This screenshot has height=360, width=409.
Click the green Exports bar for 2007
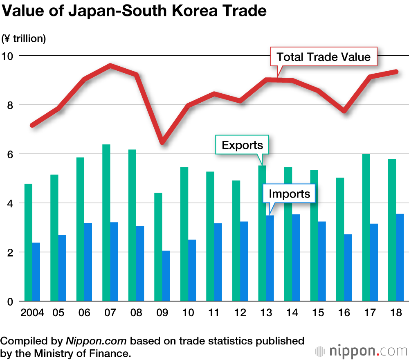point(106,223)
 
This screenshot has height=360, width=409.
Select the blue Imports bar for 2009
point(166,276)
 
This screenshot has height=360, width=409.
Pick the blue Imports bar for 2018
point(400,258)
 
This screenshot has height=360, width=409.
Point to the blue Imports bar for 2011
point(218,262)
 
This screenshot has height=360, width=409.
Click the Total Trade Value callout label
point(323,57)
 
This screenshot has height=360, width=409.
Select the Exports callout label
point(242,145)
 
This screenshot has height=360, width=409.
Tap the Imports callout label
point(290,193)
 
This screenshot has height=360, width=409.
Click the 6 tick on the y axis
point(10,154)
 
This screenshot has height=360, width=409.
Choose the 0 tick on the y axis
point(10,301)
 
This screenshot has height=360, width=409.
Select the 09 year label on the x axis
point(162,313)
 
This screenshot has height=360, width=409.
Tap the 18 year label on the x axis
point(396,313)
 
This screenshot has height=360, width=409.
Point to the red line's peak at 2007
point(110,65)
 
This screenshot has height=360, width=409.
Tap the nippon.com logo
point(362,351)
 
